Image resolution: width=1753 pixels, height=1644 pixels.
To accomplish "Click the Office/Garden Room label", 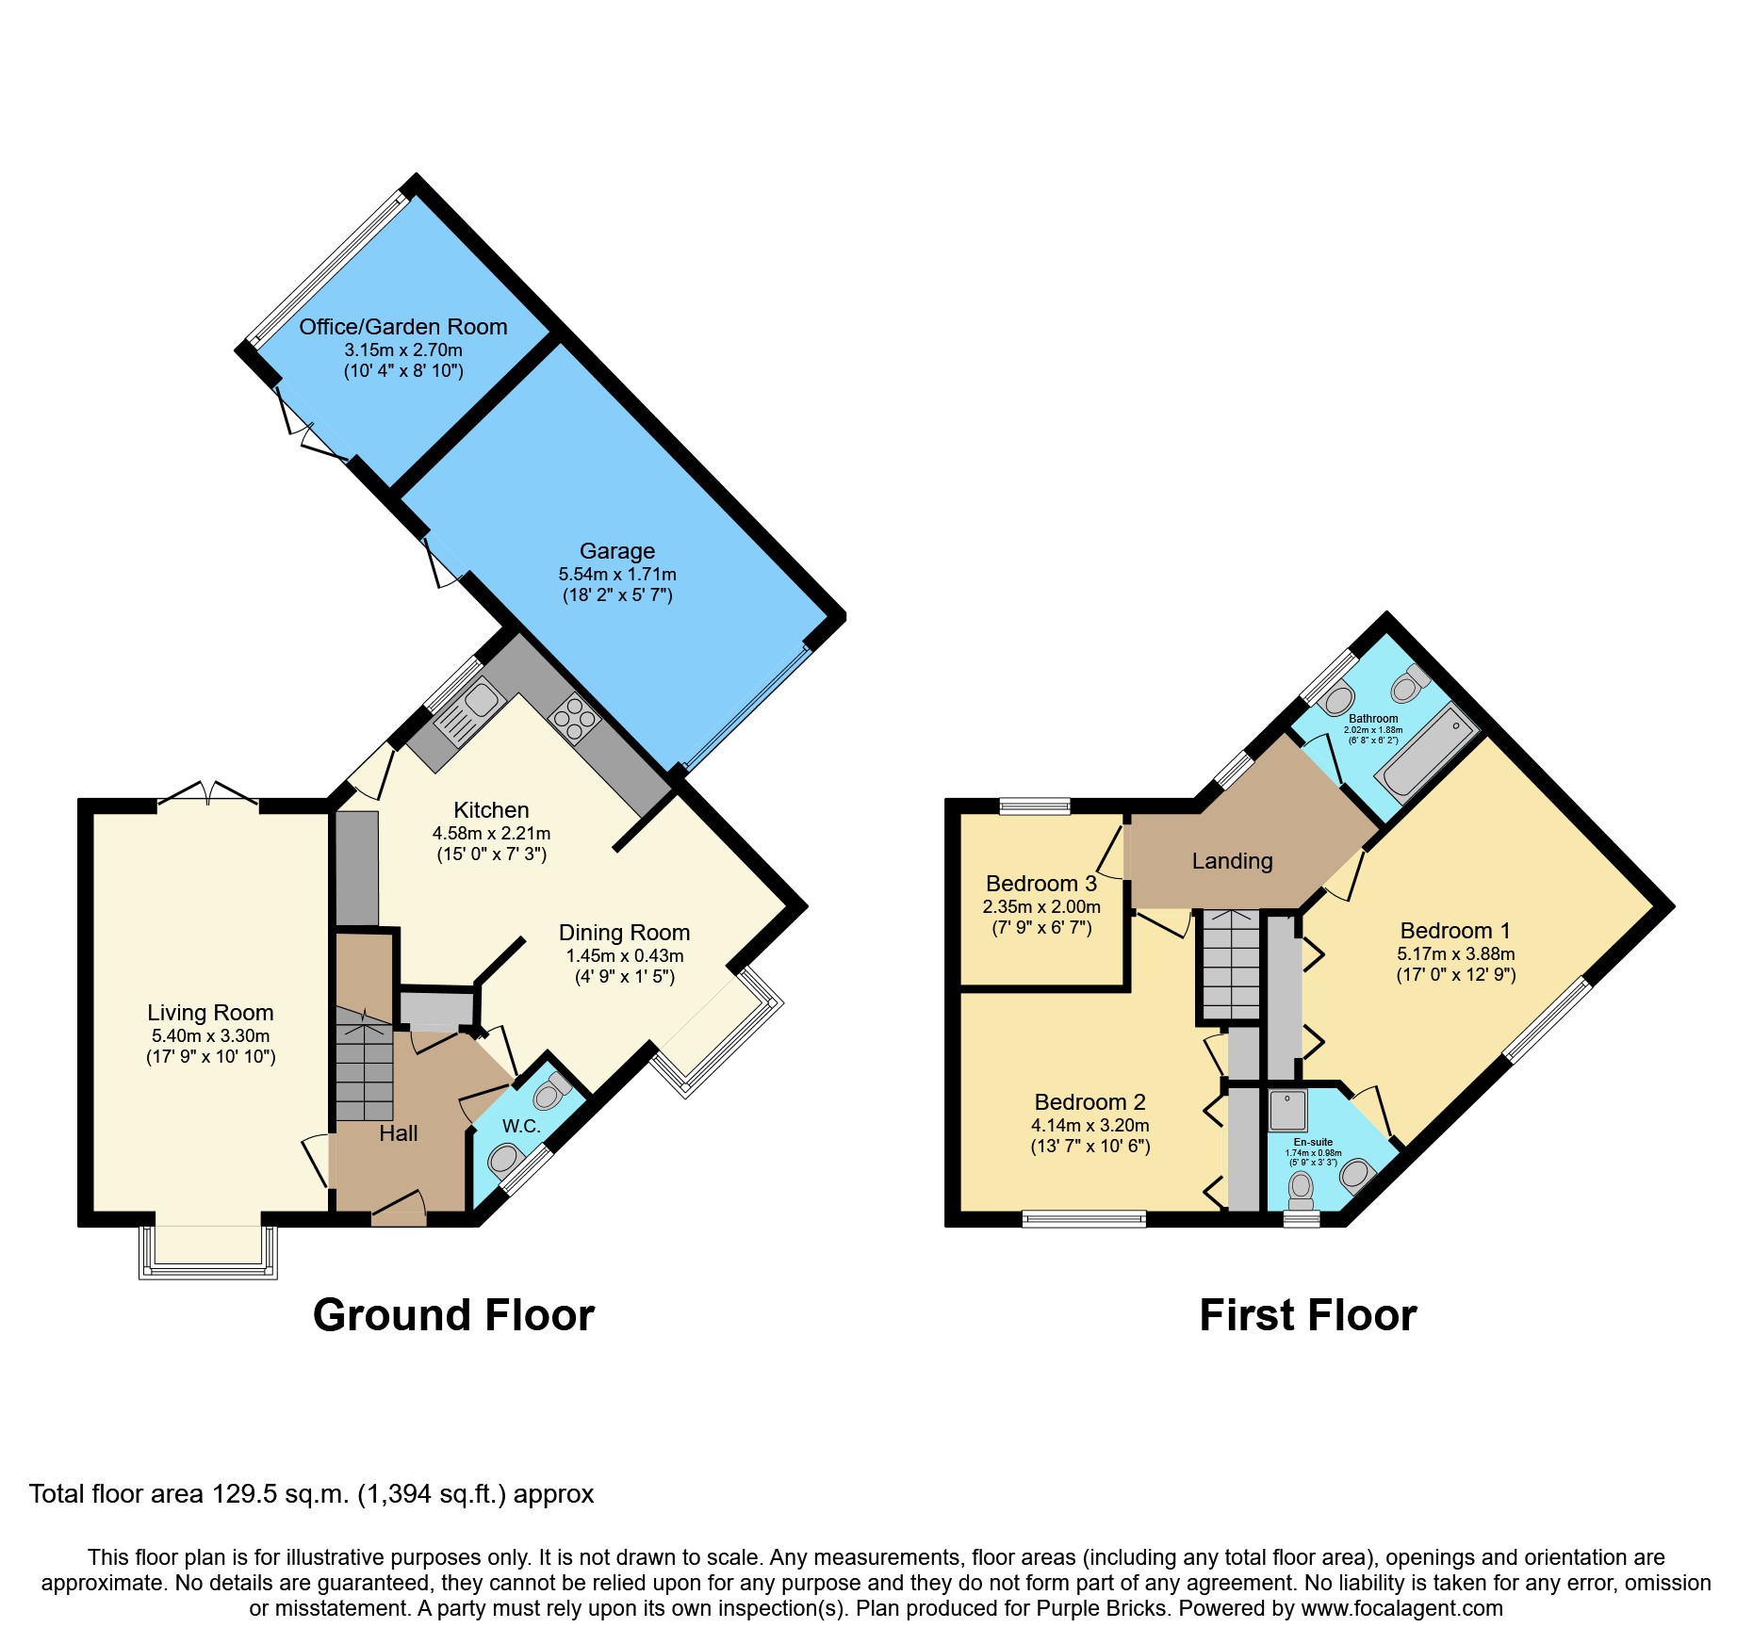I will click(402, 327).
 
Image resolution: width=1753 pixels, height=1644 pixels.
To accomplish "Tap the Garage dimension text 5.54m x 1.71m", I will click(617, 574).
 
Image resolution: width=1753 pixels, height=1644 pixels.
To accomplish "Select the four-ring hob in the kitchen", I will click(575, 719).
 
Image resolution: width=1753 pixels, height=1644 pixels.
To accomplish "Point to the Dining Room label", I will click(624, 933).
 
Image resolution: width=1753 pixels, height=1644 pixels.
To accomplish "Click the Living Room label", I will click(210, 1013).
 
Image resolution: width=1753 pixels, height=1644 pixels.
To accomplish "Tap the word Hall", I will click(398, 1133).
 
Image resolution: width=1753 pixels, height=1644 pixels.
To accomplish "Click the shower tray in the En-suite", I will click(1287, 1111).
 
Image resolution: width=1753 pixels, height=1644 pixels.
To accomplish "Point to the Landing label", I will click(1232, 861).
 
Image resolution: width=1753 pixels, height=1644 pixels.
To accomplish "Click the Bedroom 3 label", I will click(1040, 884).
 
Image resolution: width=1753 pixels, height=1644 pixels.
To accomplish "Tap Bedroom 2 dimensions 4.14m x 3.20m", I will click(1089, 1125).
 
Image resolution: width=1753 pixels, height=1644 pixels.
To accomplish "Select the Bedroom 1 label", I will click(1455, 931).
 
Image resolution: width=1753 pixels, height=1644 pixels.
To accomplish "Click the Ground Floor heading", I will click(453, 1315).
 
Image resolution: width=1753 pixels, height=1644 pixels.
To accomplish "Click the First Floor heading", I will click(1307, 1315).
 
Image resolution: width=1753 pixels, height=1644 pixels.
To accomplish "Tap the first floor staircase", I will click(1229, 965).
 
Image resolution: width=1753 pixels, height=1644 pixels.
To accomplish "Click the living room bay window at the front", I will click(208, 1253).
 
